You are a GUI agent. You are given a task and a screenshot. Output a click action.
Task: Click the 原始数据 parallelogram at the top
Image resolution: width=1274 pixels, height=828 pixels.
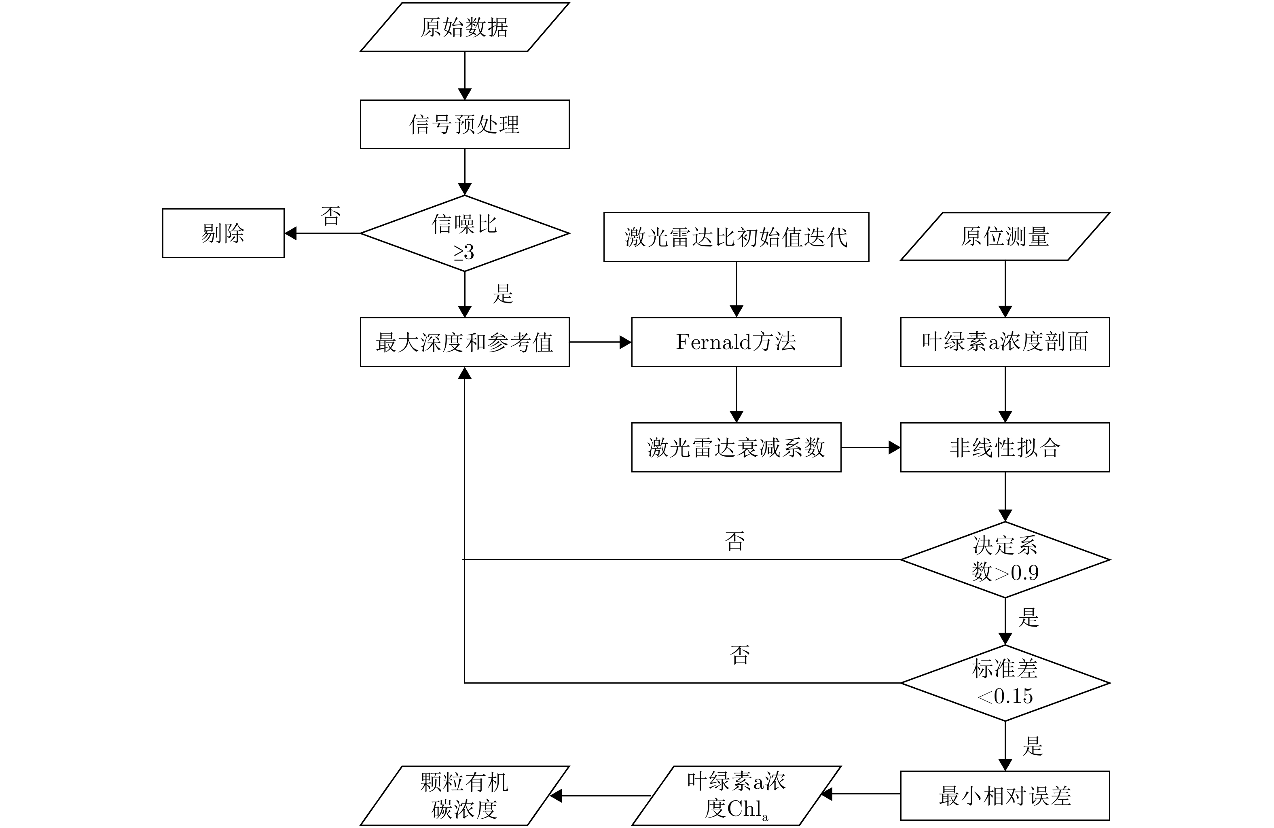coord(464,27)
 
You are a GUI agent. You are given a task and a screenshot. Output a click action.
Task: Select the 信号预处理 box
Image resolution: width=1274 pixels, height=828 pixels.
coord(464,124)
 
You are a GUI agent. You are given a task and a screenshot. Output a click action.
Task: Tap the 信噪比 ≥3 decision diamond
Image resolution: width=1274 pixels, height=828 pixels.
coord(464,234)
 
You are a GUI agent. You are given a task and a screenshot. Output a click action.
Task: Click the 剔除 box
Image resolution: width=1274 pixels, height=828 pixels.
coord(223,233)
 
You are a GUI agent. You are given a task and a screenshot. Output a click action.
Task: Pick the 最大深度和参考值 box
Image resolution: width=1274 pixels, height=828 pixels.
coord(464,342)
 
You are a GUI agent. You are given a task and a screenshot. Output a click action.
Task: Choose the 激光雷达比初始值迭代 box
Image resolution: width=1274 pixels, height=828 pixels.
coord(736,237)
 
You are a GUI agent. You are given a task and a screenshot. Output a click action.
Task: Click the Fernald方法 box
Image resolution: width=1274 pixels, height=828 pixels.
coord(736,342)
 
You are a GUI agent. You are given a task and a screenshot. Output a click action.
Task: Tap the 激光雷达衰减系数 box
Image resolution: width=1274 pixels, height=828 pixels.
coord(736,447)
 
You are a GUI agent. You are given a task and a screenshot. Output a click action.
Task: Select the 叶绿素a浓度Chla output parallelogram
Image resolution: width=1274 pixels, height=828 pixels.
coord(736,795)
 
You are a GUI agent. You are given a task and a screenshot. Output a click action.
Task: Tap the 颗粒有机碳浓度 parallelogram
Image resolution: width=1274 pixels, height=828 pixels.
coord(464,795)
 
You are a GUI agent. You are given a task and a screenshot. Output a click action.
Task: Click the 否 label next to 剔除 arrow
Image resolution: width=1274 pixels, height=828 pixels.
coord(331,216)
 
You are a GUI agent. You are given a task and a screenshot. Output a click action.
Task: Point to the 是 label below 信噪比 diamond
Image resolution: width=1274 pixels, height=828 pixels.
coord(503,294)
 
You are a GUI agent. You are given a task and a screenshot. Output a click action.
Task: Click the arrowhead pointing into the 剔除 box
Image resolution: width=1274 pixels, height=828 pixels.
coord(291,233)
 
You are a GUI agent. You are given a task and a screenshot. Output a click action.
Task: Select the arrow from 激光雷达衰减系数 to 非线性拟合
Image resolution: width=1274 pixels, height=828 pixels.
coord(871,447)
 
